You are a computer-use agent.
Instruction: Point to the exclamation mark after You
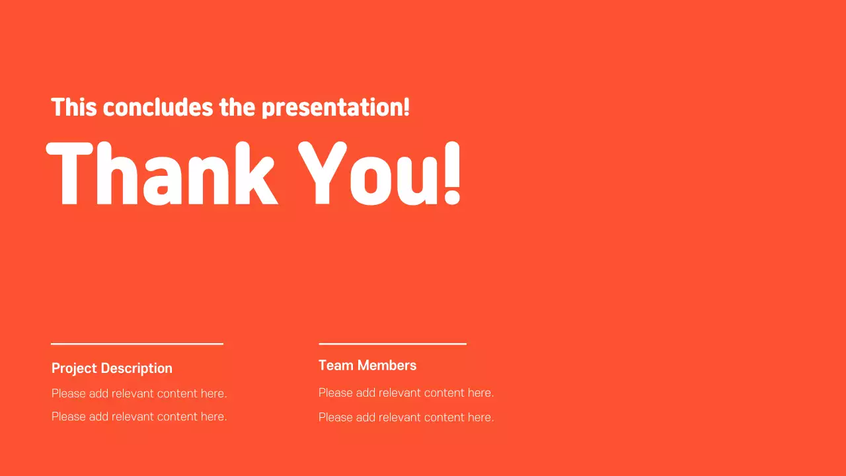coord(451,174)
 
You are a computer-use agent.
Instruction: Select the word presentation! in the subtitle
coord(335,108)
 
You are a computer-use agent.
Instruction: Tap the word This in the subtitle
coord(74,107)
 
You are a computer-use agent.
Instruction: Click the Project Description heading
coord(112,368)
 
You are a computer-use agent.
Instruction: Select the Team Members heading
coord(367,365)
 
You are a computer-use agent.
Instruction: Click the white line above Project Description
coord(137,344)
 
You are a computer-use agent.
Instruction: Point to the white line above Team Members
coord(393,344)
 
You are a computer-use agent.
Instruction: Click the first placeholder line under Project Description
coord(139,393)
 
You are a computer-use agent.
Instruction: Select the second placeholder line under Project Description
coord(139,416)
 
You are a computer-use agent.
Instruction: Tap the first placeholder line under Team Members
coord(406,393)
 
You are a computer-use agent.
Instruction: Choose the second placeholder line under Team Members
coord(406,417)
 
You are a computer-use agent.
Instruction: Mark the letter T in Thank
coord(69,174)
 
